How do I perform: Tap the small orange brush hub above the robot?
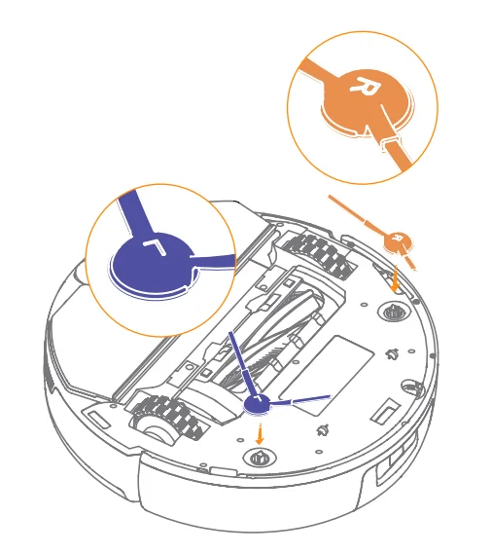pos(396,240)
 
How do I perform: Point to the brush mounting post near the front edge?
pos(258,459)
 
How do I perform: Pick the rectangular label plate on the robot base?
pos(348,362)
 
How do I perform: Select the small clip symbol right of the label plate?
pos(393,353)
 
